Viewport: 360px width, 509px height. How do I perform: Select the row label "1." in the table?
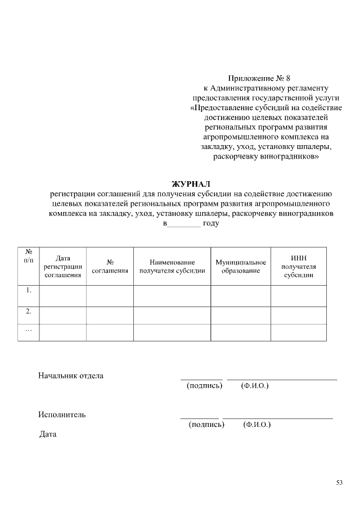pos(28,291)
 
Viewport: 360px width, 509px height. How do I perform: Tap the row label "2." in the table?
pos(28,311)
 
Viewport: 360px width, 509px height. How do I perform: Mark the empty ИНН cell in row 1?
pos(298,295)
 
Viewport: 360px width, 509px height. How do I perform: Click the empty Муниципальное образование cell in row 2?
pos(240,315)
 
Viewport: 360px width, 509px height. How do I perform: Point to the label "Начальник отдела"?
pos(71,376)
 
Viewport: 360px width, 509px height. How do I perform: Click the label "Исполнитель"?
pos(62,415)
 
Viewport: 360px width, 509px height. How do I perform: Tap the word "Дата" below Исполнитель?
pos(48,434)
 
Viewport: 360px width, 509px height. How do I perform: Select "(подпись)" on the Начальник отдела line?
pos(204,386)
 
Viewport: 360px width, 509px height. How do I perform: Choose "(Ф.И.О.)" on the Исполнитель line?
pos(257,425)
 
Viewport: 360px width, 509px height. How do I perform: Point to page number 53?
pos(339,483)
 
